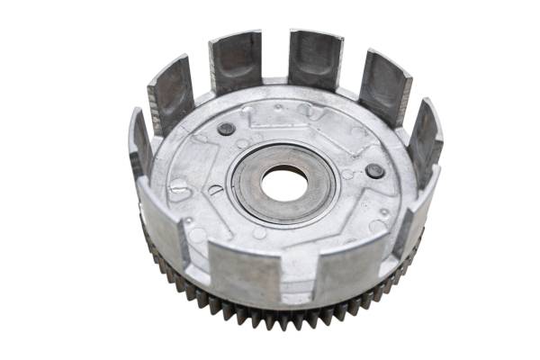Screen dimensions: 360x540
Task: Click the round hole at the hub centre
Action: click(x=284, y=184)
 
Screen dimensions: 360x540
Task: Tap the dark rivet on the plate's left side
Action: click(x=226, y=129)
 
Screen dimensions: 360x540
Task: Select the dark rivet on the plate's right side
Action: click(x=375, y=171)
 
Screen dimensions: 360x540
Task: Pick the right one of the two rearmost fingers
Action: click(x=315, y=58)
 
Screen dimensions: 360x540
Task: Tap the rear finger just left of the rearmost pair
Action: click(x=171, y=92)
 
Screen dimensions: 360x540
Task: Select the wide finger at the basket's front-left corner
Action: click(x=164, y=225)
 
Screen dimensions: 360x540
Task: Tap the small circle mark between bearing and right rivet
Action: click(x=347, y=174)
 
